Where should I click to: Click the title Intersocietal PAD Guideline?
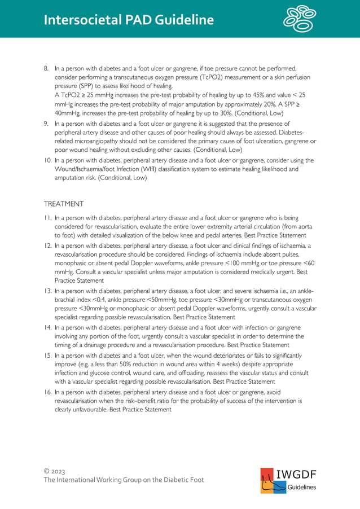click(129, 20)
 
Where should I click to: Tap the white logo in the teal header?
click(300, 19)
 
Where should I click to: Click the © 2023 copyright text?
click(55, 470)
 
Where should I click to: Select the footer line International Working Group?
click(124, 480)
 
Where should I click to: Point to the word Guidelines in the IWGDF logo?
click(302, 488)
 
